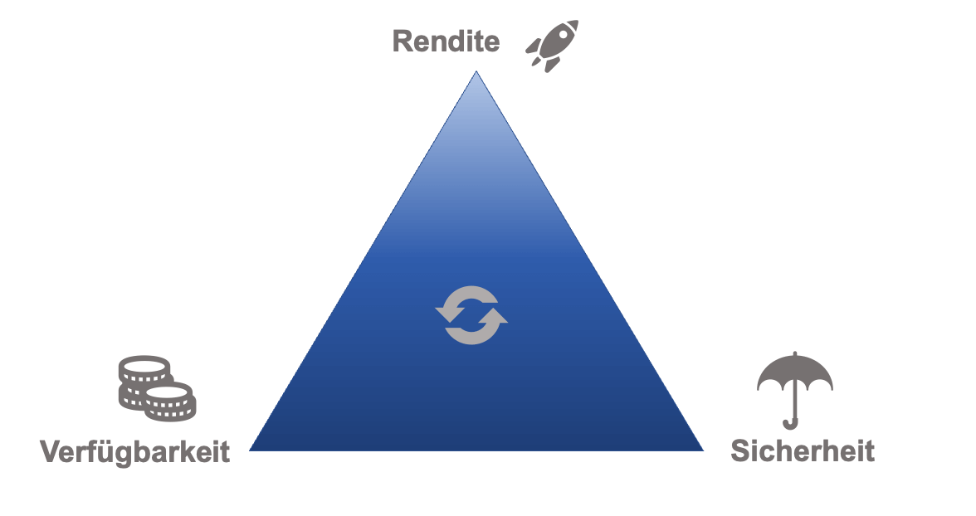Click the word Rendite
coord(446,41)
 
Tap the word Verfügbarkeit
coord(135,451)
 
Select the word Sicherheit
coord(803,450)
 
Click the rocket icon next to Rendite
coord(552,46)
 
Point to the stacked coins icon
coord(157,388)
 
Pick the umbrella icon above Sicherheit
coord(795,390)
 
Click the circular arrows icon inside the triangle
coord(471,315)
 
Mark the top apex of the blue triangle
coord(476,71)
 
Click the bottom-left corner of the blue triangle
coord(250,450)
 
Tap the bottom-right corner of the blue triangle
coord(704,450)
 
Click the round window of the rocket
coord(564,34)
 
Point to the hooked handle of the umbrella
coord(790,424)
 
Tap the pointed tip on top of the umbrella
coord(795,353)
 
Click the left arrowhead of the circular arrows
coord(450,314)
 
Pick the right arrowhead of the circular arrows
coord(493,315)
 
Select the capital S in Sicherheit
coord(740,450)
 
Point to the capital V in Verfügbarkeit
coord(51,451)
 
